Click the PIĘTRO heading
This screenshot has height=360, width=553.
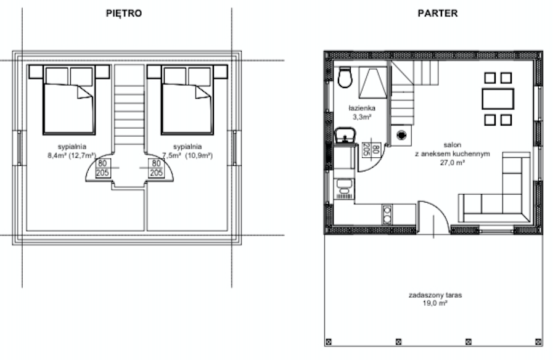coord(124,14)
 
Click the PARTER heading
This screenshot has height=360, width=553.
coord(438,14)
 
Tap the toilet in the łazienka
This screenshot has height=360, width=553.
coord(345,77)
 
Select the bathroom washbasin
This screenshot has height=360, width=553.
coord(345,136)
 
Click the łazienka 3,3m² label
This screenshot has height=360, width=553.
coord(362,112)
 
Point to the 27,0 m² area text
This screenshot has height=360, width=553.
coord(452,163)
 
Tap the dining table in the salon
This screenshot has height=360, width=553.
coord(498,99)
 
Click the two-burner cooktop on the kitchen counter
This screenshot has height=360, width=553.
coord(387,215)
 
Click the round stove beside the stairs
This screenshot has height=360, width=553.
coord(401,134)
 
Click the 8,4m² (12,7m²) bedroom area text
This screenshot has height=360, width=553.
coord(72,155)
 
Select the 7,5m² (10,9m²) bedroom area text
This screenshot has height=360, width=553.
coord(187,155)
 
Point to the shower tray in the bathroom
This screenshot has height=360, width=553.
coord(372,83)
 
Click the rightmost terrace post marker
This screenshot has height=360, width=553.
coord(539,342)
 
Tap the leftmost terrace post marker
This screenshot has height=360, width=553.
coord(329,342)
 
